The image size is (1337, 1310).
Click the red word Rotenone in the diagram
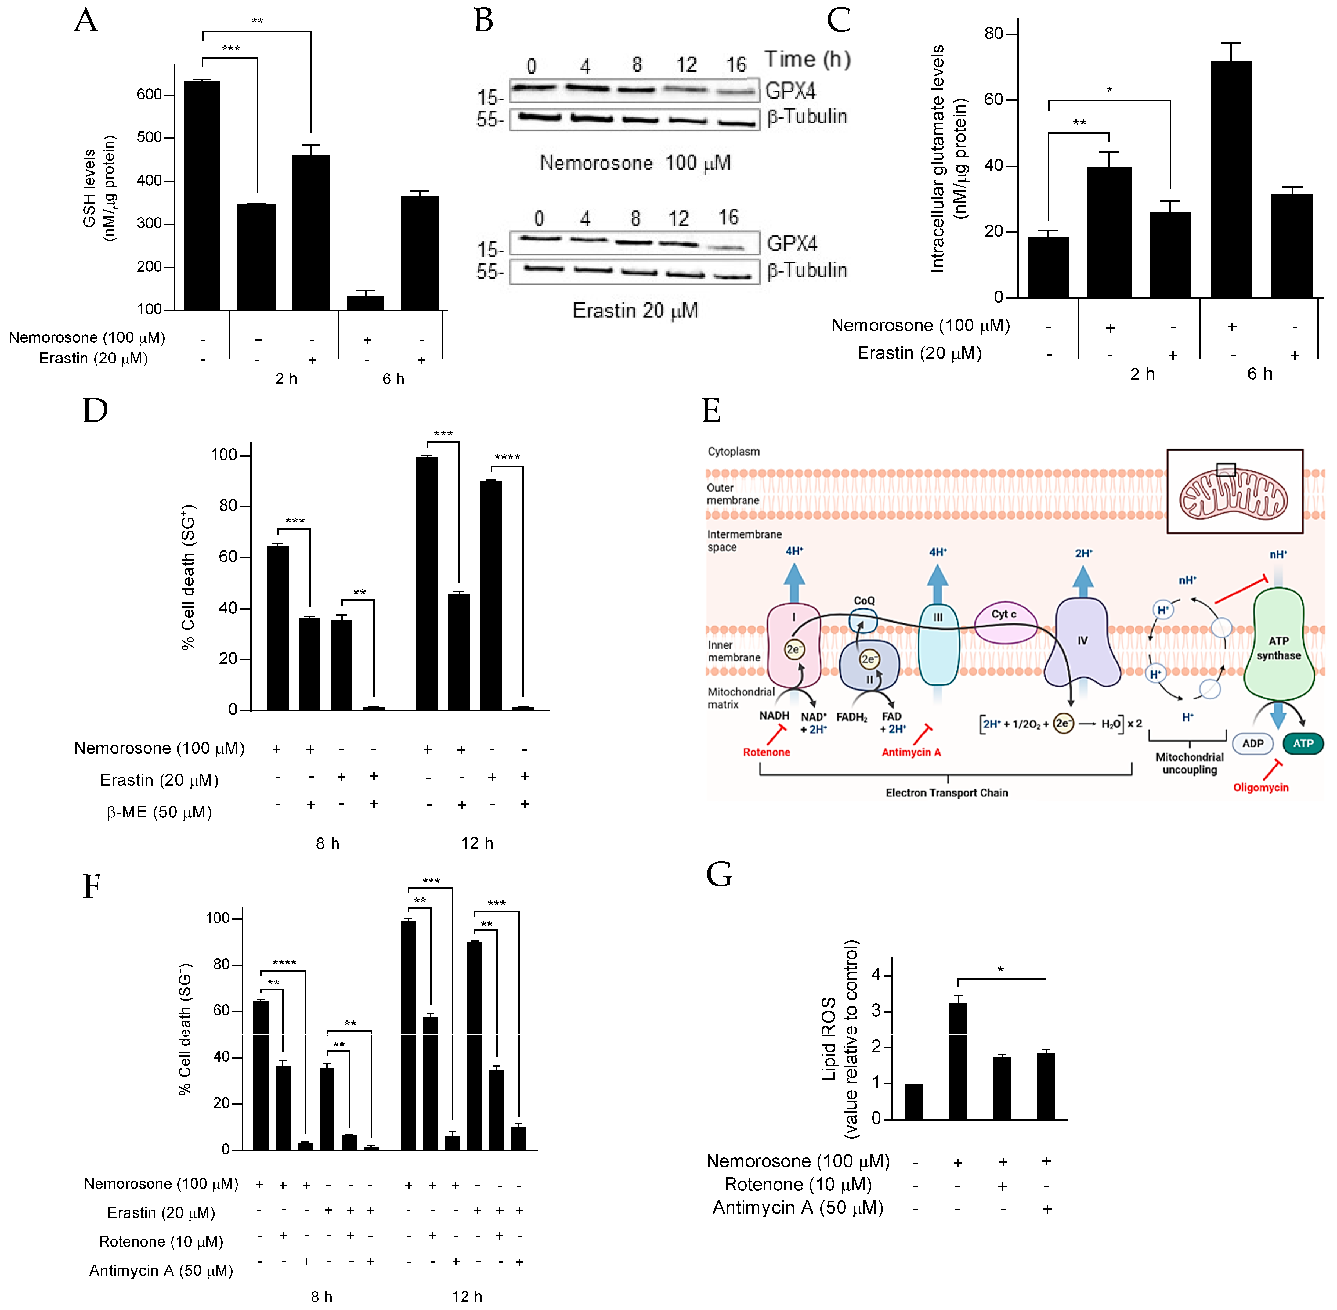[766, 752]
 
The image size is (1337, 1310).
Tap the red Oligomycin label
[1261, 787]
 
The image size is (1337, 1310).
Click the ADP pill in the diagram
[1252, 743]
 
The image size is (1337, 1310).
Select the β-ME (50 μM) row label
[159, 812]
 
